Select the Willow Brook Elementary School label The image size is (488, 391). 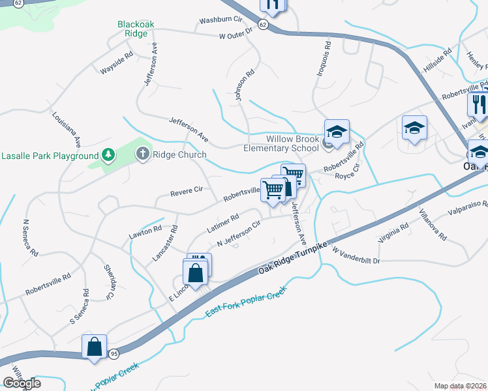(292, 143)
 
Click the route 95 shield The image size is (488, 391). (114, 354)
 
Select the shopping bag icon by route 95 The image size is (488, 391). (95, 347)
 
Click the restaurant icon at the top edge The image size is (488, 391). (273, 5)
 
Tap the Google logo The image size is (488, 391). (22, 383)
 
